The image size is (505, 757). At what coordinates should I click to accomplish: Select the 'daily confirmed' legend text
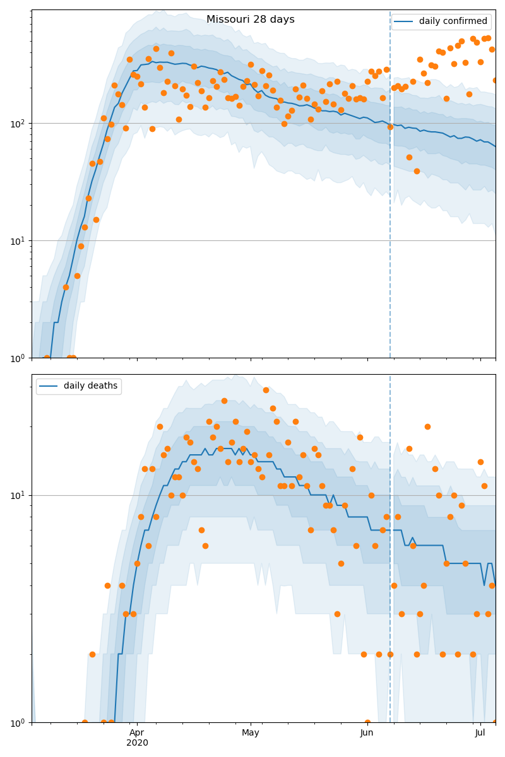tap(453, 21)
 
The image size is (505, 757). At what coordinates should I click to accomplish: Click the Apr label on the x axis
tap(137, 733)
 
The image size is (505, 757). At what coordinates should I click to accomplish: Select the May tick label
tap(251, 733)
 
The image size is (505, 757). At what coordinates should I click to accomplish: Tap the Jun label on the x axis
tap(367, 733)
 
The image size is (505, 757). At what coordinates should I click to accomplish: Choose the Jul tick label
tap(480, 733)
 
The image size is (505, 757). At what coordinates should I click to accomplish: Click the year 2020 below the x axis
tap(137, 743)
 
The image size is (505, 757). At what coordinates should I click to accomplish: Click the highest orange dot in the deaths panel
tap(266, 390)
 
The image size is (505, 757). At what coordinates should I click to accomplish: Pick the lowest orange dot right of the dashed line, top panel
tap(417, 171)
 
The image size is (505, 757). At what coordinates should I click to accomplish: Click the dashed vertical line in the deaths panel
tap(390, 568)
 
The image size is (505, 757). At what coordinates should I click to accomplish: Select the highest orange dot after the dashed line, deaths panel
tap(427, 426)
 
